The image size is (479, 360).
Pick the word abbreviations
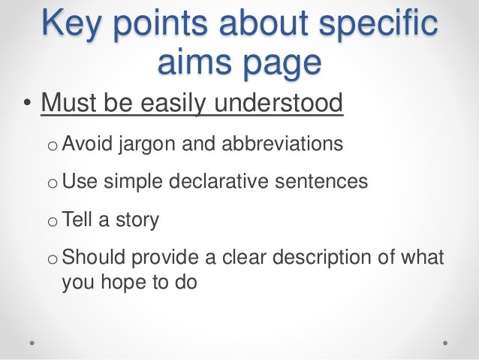point(274,142)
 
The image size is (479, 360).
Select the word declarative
point(224,181)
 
